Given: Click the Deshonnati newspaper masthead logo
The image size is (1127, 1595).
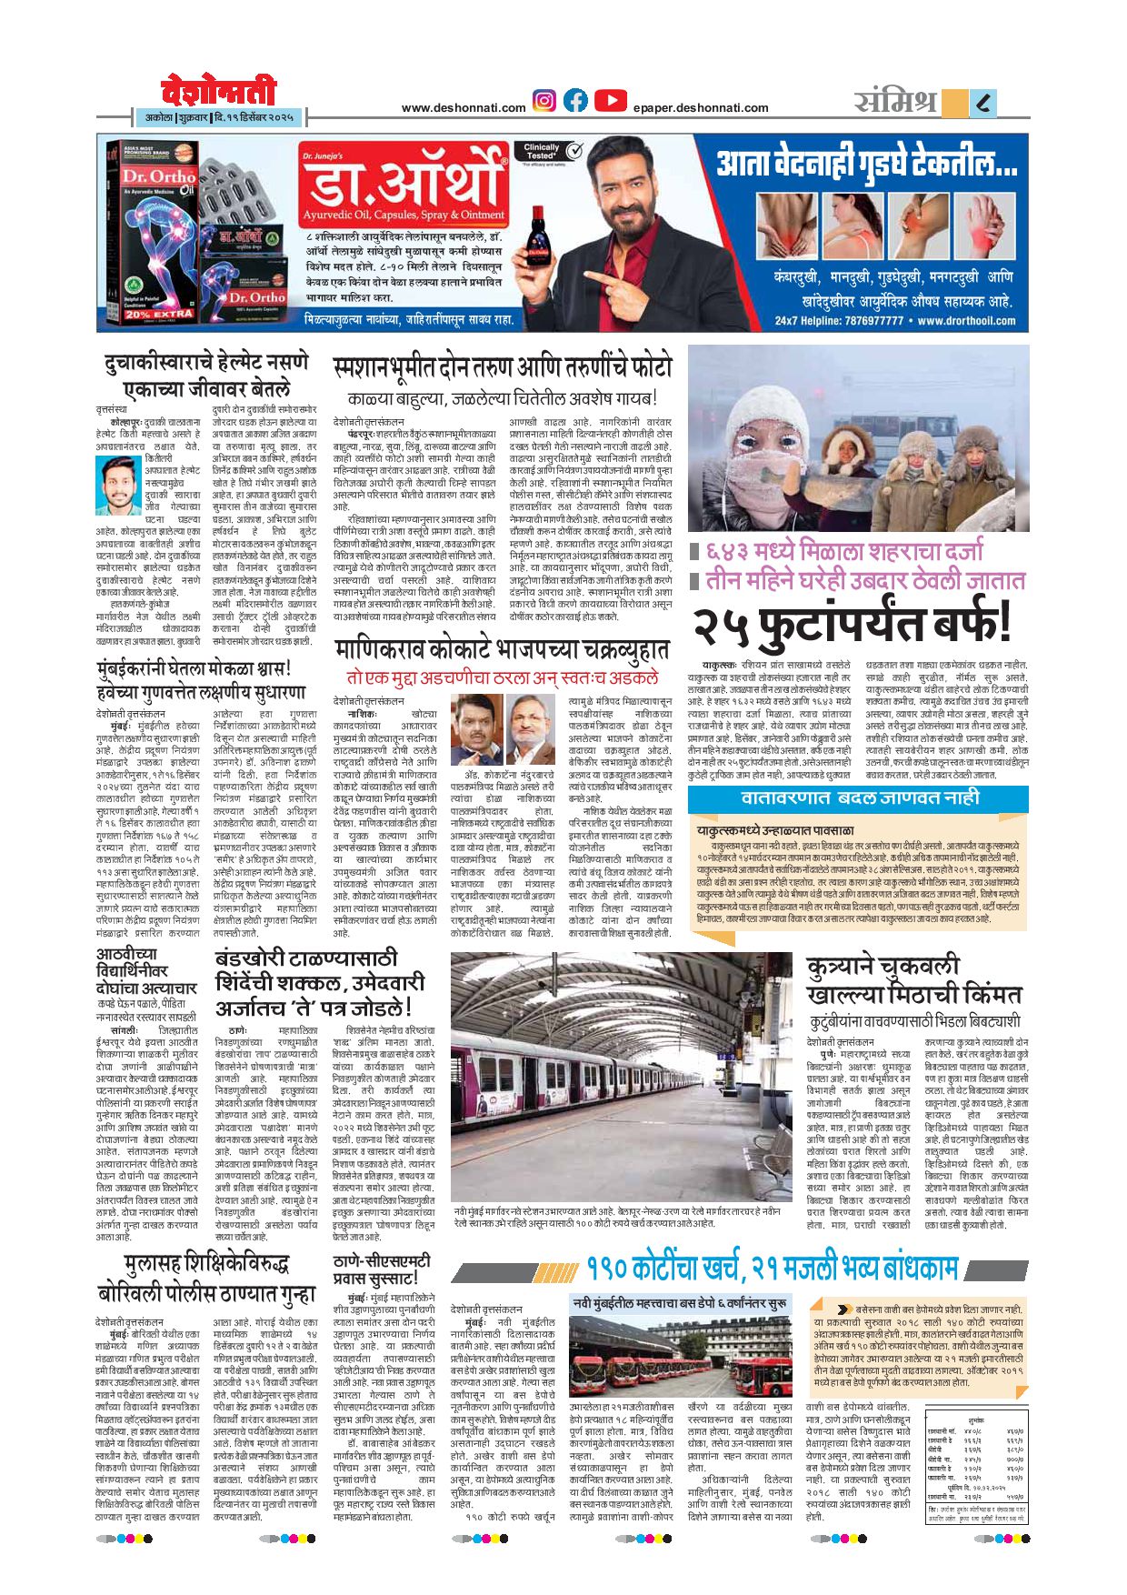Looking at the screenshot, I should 218,92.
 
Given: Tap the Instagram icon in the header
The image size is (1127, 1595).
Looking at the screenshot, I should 544,101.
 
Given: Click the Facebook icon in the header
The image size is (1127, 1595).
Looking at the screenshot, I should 575,101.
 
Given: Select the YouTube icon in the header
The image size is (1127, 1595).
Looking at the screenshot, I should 611,101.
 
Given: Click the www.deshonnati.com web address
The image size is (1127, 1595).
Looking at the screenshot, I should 464,108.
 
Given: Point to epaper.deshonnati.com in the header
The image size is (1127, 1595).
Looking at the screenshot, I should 701,108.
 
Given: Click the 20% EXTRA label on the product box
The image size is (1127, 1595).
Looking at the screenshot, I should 146,315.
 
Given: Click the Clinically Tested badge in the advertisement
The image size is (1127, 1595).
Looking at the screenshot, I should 542,151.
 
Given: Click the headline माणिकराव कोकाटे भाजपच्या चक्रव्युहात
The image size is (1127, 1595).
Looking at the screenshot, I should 502,651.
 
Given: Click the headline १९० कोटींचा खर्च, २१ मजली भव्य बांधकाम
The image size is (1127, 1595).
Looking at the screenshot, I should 772,1267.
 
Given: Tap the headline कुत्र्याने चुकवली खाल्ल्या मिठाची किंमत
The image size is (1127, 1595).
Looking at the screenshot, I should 913,980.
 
